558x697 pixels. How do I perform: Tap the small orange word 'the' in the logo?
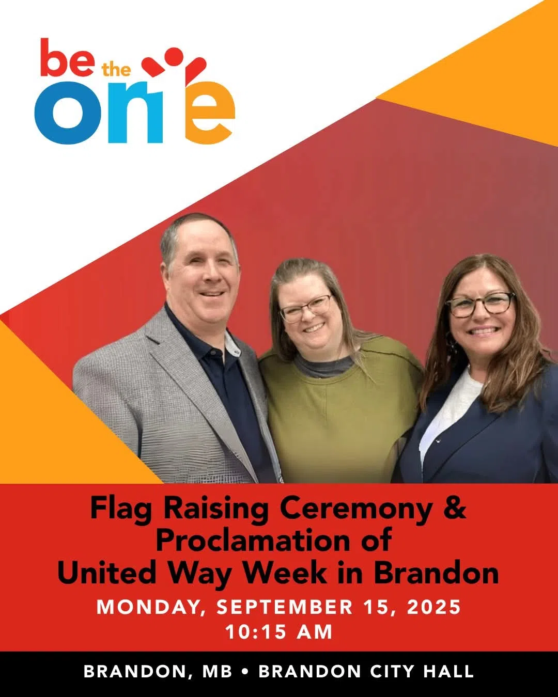[x=116, y=70]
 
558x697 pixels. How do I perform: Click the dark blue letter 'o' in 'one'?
[x=68, y=112]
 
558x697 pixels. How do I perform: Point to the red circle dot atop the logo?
[x=175, y=57]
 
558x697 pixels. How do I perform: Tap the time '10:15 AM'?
[x=279, y=632]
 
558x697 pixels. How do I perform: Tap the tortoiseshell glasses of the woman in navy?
[x=481, y=305]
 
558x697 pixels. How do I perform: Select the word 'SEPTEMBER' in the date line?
[x=284, y=607]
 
